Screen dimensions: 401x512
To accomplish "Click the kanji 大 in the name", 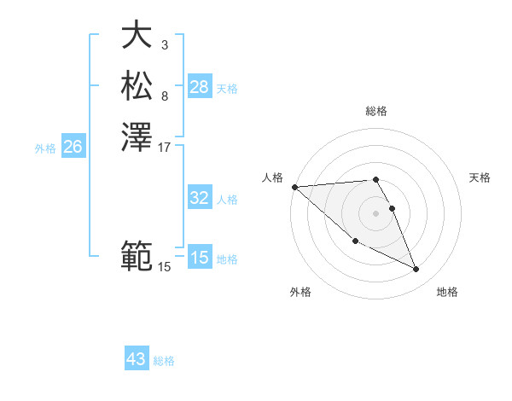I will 137,35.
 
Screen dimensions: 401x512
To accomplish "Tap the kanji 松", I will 137,87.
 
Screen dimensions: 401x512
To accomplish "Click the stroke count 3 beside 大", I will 165,44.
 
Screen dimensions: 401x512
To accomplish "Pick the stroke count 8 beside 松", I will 165,96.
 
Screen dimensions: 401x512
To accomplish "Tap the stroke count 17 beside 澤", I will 165,147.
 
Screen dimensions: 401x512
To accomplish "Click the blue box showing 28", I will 200,87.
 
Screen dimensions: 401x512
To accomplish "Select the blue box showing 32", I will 200,198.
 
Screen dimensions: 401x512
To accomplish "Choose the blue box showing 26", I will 73,147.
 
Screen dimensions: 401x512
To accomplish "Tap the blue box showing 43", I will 137,359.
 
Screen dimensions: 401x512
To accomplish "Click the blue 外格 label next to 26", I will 45,148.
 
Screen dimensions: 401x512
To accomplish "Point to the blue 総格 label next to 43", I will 164,361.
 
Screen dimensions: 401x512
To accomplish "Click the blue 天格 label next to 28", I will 227,89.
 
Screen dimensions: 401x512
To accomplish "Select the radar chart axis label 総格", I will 376,111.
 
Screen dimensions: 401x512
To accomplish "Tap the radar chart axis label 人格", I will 273,177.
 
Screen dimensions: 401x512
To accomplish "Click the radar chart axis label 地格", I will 447,292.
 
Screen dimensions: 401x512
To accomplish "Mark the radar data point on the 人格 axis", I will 294,187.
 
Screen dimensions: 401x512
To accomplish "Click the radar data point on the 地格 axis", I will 416,270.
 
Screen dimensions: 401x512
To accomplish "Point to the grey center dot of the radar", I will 376,213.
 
